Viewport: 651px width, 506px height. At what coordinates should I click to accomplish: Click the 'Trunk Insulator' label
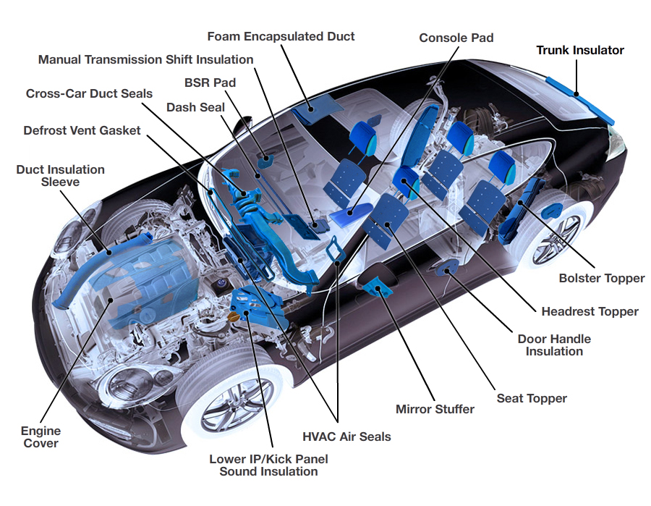[x=579, y=51]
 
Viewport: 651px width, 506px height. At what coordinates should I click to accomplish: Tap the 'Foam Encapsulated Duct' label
[x=281, y=36]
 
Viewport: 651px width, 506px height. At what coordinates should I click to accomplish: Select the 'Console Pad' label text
[x=456, y=38]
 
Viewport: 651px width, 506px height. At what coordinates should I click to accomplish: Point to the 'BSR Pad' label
[x=210, y=83]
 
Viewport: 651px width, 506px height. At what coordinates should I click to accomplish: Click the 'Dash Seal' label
[x=195, y=107]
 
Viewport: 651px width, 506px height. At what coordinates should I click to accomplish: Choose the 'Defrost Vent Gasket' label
[x=82, y=131]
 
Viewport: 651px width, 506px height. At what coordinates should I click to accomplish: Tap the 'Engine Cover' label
[x=41, y=437]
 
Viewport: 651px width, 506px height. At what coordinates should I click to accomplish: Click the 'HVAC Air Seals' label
[x=346, y=437]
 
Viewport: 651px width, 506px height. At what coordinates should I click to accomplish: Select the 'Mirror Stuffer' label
[x=435, y=410]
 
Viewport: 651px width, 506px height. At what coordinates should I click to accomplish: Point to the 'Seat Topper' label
[x=532, y=399]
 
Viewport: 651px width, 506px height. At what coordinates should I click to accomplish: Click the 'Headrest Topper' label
[x=590, y=312]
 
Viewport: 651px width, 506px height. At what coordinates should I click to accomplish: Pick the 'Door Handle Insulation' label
[x=554, y=345]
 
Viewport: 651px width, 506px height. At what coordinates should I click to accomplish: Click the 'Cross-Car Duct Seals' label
[x=89, y=94]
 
